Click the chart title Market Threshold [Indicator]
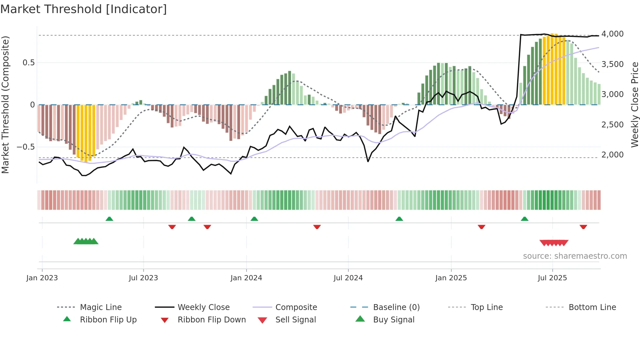tap(84, 9)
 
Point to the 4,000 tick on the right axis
tap(612, 34)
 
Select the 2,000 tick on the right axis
tap(612, 155)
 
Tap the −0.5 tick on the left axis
tap(26, 147)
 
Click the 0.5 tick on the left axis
tap(28, 63)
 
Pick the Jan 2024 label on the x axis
tap(246, 278)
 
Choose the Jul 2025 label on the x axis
tap(552, 278)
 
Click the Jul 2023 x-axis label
tap(143, 278)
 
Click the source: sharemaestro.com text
tap(575, 256)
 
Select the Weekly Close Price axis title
tap(634, 105)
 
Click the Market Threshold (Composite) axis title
tap(5, 105)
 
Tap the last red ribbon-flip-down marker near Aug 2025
tap(583, 227)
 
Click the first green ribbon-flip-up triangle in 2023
tap(109, 219)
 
